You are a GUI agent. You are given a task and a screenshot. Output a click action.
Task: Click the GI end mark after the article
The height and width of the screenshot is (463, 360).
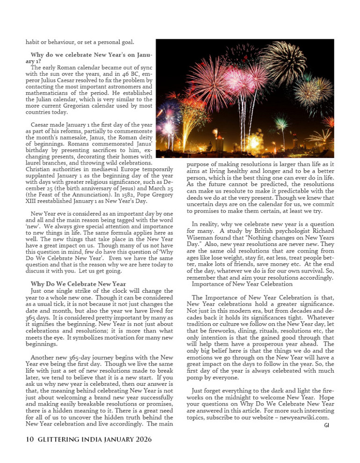[x=326, y=425]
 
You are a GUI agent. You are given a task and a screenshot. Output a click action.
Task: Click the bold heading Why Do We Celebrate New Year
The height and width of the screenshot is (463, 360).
[x=78, y=283]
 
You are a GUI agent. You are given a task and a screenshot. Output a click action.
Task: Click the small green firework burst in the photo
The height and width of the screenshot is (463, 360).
[x=281, y=123]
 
